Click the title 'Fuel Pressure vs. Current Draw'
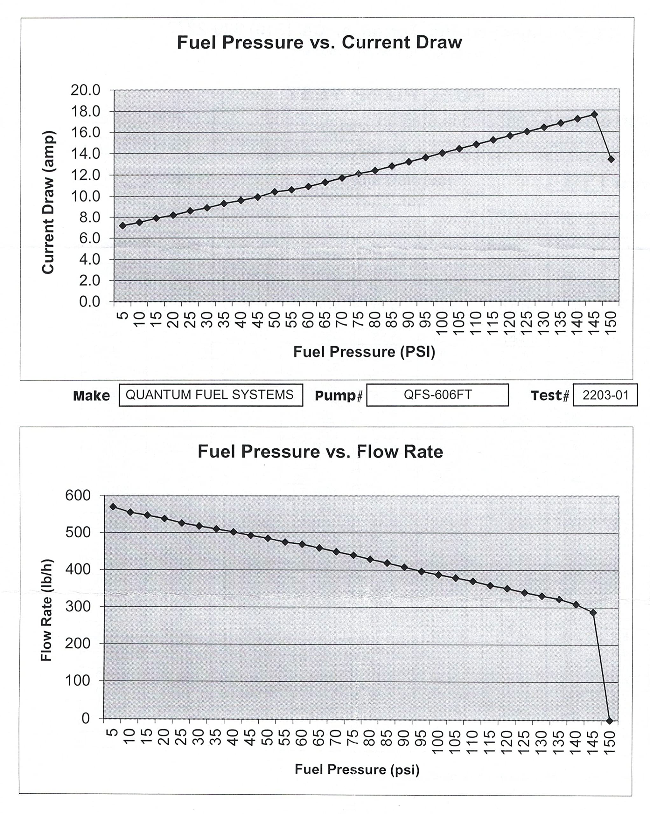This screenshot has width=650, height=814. pyautogui.click(x=319, y=42)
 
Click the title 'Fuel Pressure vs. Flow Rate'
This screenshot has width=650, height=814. pyautogui.click(x=320, y=452)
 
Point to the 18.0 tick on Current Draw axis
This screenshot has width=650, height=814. pyautogui.click(x=85, y=111)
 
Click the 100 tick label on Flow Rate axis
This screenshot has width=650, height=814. pyautogui.click(x=78, y=681)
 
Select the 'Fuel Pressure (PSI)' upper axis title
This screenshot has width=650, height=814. pyautogui.click(x=364, y=352)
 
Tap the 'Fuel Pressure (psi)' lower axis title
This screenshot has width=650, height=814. pyautogui.click(x=357, y=769)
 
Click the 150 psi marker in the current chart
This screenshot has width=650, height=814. pyautogui.click(x=611, y=159)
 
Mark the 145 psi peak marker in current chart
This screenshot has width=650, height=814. pyautogui.click(x=594, y=114)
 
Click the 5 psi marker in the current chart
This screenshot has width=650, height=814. pyautogui.click(x=122, y=225)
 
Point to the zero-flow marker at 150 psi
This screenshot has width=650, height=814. pyautogui.click(x=609, y=721)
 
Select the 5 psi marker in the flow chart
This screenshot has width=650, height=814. pyautogui.click(x=113, y=507)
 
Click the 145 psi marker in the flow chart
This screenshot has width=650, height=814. pyautogui.click(x=593, y=612)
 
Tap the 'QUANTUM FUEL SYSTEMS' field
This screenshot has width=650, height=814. pyautogui.click(x=210, y=395)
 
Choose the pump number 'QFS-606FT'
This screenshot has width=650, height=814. pyautogui.click(x=437, y=395)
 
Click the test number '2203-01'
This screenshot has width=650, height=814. pyautogui.click(x=605, y=395)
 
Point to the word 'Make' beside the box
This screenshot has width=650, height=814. pyautogui.click(x=91, y=396)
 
